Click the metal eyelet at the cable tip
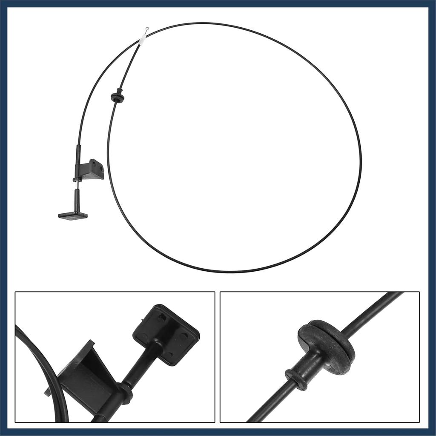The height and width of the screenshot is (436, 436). (x=146, y=29)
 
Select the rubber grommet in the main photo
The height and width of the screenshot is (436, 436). (x=118, y=97)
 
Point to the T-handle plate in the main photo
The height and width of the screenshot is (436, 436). (x=73, y=215)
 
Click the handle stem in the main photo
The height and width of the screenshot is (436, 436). (x=77, y=200)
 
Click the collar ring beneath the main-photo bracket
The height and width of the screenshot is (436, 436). (x=77, y=180)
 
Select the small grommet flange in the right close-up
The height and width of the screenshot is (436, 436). (x=296, y=379)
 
